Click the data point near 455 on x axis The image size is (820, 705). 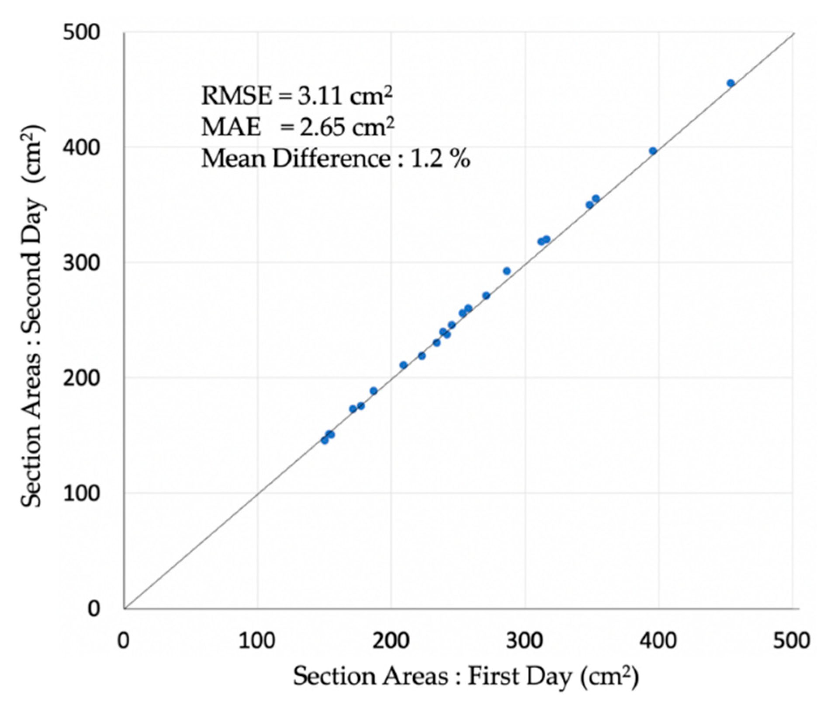730,83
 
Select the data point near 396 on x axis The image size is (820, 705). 653,151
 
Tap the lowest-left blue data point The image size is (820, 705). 325,440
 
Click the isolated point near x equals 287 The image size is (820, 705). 507,271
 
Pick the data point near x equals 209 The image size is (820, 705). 404,365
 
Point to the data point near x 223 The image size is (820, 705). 422,356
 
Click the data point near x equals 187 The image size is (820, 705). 374,391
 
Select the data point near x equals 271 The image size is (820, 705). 486,296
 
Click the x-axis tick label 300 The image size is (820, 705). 525,641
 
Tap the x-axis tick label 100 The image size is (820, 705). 258,641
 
